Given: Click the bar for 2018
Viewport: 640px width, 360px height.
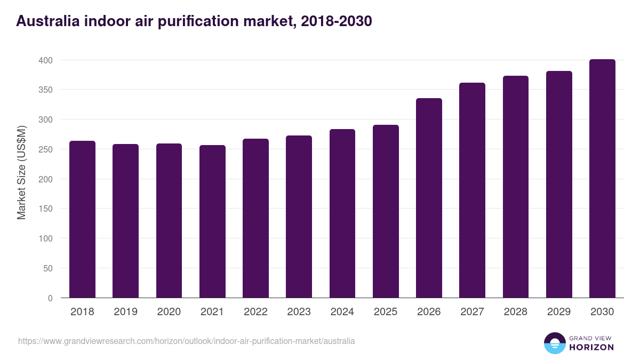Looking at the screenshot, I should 82,219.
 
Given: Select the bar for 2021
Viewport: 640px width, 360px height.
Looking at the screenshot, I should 212,221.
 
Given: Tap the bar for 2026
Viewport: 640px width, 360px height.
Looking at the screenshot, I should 429,198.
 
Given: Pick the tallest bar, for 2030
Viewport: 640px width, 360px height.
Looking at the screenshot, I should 602,179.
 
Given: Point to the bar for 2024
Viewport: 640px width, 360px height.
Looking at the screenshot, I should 342,213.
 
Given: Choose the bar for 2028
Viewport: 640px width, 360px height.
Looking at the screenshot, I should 516,187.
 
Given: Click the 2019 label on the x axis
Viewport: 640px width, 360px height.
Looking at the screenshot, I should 126,312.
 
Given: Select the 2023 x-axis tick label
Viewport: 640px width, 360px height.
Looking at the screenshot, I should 299,312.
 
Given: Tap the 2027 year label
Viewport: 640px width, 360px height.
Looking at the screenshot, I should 472,312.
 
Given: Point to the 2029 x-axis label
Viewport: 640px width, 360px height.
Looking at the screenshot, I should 559,312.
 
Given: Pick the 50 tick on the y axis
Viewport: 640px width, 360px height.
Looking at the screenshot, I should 47,268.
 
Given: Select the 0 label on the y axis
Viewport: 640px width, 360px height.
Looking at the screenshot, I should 50,298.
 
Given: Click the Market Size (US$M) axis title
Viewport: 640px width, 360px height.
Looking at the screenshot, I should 21,172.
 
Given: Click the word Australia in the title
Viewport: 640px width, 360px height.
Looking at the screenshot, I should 46,21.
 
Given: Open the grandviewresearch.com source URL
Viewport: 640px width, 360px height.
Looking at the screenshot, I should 186,341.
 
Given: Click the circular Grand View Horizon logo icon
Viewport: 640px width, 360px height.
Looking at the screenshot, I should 554,343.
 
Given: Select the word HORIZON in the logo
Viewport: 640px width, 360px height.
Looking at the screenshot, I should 592,347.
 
